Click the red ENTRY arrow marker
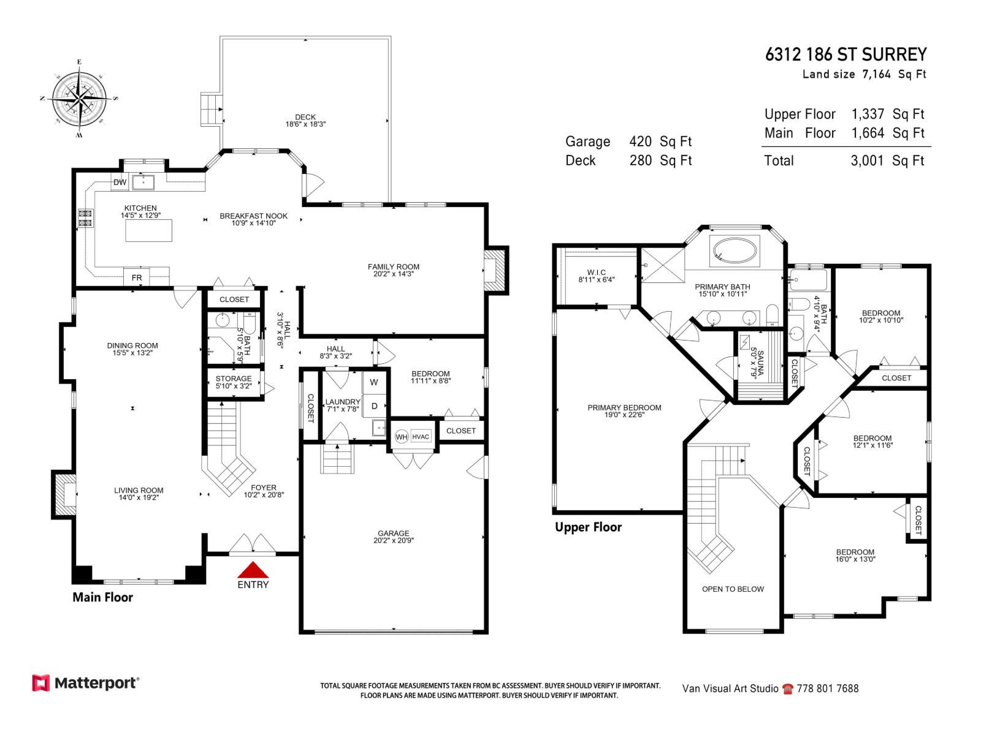[x=253, y=570]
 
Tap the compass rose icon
[x=80, y=97]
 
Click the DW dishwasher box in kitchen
[x=120, y=183]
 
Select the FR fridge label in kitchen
[x=137, y=277]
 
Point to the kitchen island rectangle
[x=148, y=230]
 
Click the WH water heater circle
[x=401, y=437]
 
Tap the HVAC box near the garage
[x=421, y=437]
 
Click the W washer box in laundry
[x=374, y=382]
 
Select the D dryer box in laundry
[x=374, y=405]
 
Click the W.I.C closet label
[x=596, y=276]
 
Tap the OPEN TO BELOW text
[x=733, y=589]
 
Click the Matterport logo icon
[x=41, y=683]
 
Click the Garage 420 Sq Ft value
[x=660, y=141]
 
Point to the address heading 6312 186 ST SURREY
[x=845, y=55]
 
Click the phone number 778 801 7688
[x=827, y=688]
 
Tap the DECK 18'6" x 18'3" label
[x=305, y=120]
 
